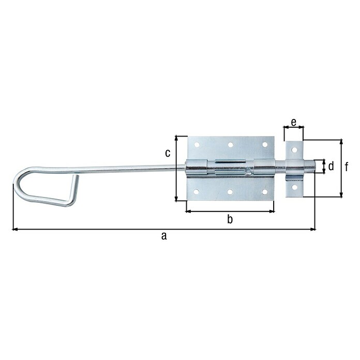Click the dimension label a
click(x=163, y=236)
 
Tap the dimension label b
click(x=230, y=219)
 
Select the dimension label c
click(x=168, y=153)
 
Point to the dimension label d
click(x=331, y=166)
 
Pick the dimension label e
click(x=294, y=123)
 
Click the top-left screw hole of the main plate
click(x=197, y=144)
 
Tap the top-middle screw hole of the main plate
click(x=231, y=145)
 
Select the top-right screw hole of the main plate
click(x=265, y=145)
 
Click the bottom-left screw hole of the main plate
click(x=197, y=192)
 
